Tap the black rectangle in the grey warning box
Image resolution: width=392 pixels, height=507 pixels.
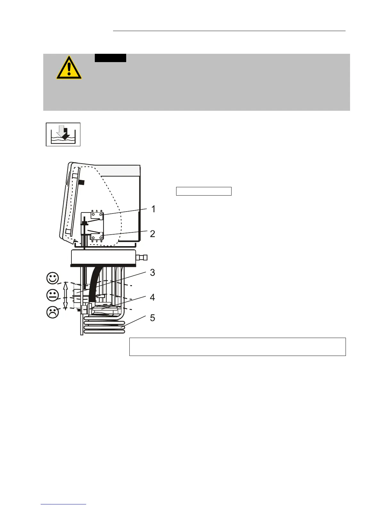pyautogui.click(x=110, y=58)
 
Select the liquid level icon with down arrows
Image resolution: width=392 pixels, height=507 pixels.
pyautogui.click(x=63, y=134)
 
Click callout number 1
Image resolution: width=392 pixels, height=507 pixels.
pyautogui.click(x=153, y=209)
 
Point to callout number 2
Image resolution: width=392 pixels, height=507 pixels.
pyautogui.click(x=152, y=233)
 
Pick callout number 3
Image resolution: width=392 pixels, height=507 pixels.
pyautogui.click(x=152, y=272)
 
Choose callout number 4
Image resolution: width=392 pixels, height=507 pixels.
pyautogui.click(x=152, y=297)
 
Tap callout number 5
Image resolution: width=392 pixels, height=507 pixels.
pyautogui.click(x=152, y=318)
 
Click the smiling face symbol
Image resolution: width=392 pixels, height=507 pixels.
pyautogui.click(x=53, y=278)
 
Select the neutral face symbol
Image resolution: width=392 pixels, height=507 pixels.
pyautogui.click(x=53, y=295)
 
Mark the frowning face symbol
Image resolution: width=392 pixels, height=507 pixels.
pyautogui.click(x=53, y=312)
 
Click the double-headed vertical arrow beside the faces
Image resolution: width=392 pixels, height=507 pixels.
pyautogui.click(x=65, y=295)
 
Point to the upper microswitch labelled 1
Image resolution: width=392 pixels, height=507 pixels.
pyautogui.click(x=96, y=215)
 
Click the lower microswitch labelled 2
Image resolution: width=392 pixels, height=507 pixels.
pyautogui.click(x=97, y=237)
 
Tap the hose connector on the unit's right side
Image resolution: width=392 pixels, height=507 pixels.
pyautogui.click(x=142, y=257)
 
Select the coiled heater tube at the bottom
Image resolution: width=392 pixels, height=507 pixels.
pyautogui.click(x=104, y=325)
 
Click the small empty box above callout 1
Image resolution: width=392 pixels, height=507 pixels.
pyautogui.click(x=204, y=191)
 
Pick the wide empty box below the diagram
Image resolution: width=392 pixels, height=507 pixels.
pyautogui.click(x=237, y=346)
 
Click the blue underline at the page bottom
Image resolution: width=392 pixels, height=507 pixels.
pyautogui.click(x=63, y=504)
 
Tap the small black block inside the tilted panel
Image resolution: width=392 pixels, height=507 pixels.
pyautogui.click(x=81, y=182)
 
